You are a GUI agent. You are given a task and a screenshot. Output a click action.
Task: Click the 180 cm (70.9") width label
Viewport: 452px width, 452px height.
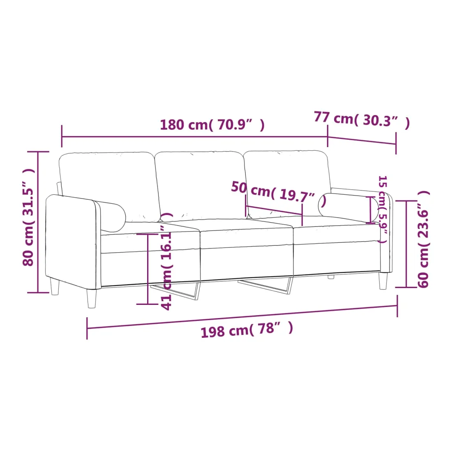pyautogui.click(x=212, y=125)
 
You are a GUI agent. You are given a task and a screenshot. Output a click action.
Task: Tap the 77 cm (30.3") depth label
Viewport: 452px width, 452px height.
pyautogui.click(x=362, y=119)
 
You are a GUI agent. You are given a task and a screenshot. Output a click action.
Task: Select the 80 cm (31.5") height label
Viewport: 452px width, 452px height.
pyautogui.click(x=29, y=217)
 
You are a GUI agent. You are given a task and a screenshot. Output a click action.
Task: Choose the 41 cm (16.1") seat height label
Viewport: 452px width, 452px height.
pyautogui.click(x=167, y=261)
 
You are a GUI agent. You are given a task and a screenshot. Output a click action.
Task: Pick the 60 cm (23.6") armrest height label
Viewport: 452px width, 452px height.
pyautogui.click(x=424, y=239)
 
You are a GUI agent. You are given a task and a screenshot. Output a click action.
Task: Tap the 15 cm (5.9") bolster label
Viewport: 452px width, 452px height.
pyautogui.click(x=383, y=209)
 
